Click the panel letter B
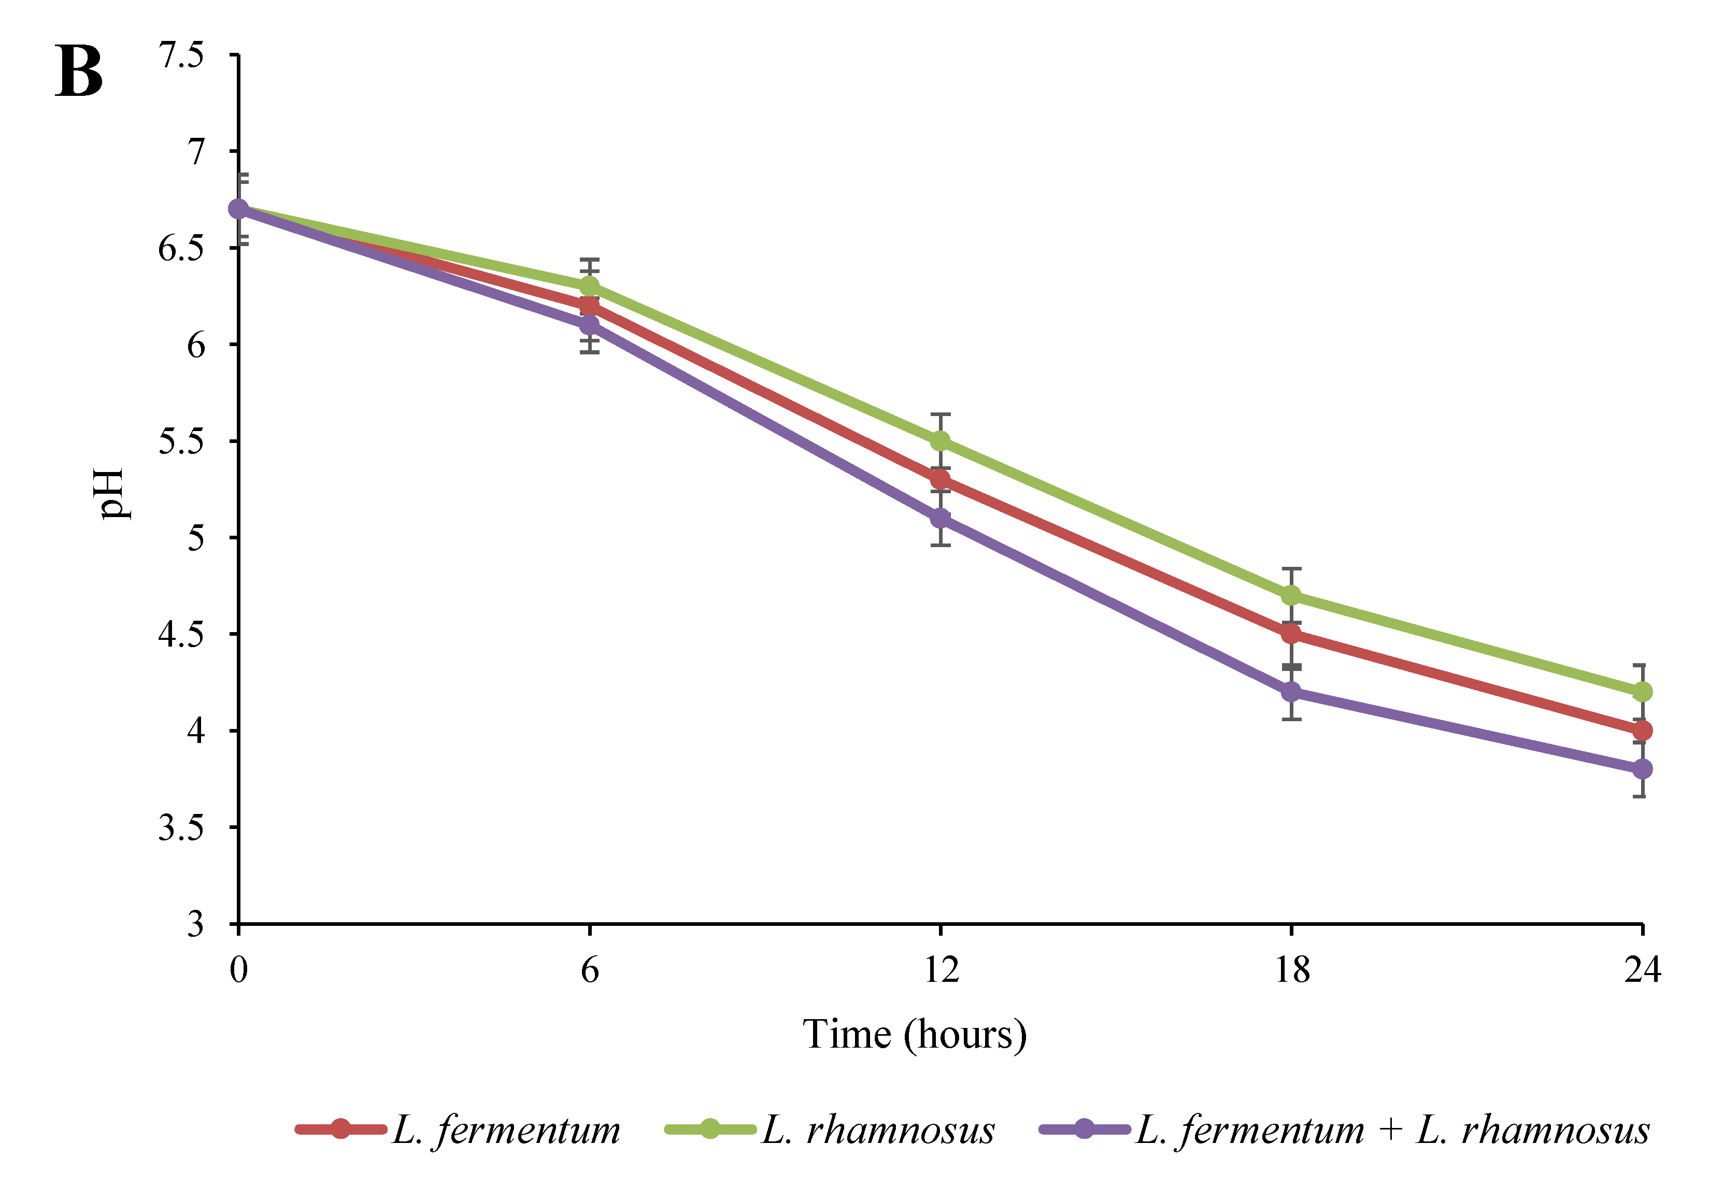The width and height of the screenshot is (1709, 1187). tap(79, 72)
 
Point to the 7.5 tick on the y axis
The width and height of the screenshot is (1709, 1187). tap(181, 55)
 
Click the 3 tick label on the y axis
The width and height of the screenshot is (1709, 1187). tap(195, 924)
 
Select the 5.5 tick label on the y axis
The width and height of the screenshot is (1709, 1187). tap(181, 441)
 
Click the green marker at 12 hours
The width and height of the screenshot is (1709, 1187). tap(941, 441)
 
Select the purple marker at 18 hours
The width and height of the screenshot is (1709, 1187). tap(1292, 692)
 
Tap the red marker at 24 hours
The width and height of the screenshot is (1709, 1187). tap(1642, 731)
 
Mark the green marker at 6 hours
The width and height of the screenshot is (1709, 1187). tap(590, 287)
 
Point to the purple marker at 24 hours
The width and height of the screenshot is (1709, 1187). tap(1642, 769)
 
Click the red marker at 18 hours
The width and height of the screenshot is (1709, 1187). tap(1292, 634)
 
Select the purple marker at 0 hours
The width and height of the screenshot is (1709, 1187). tap(239, 209)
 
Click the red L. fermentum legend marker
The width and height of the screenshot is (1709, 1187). tap(340, 1129)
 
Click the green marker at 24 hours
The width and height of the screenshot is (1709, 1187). tap(1642, 692)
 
